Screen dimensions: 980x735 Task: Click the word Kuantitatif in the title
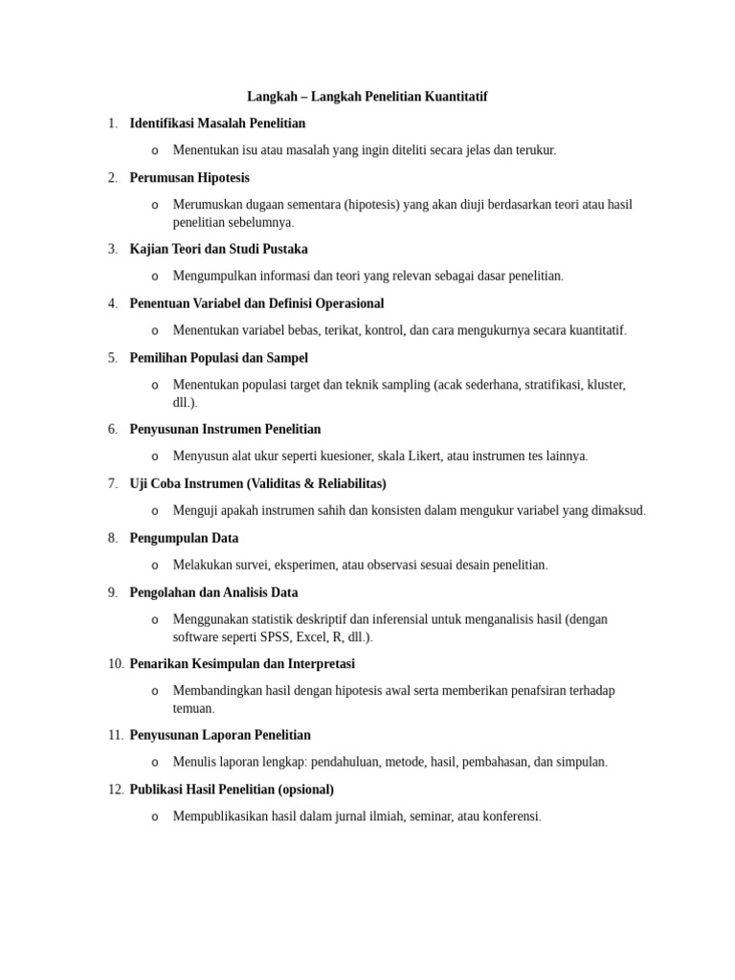coord(454,97)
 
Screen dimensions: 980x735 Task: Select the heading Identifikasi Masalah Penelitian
coord(217,122)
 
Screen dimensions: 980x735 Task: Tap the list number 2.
coord(113,177)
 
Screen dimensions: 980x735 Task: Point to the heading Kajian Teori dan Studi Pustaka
coord(218,249)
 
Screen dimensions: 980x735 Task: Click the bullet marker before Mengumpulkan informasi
coord(154,277)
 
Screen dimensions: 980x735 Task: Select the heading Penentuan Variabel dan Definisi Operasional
coord(256,303)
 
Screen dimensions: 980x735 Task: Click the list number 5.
coord(113,357)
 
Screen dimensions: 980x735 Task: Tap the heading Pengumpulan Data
coord(184,538)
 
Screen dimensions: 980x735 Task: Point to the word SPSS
coord(271,636)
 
